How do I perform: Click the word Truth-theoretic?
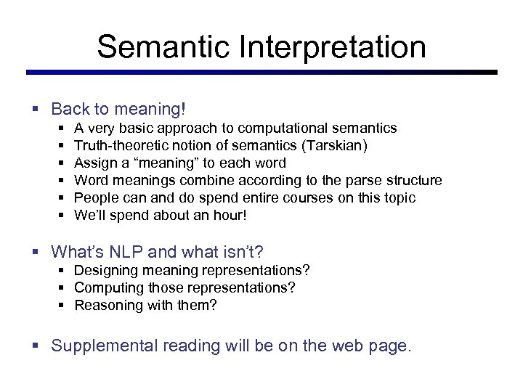pos(118,145)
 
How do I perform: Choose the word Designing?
pos(103,270)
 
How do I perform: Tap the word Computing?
pos(105,287)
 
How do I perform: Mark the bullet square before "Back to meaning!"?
pos(36,110)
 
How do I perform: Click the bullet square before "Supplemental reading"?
pos(36,346)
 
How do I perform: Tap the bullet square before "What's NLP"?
pos(36,253)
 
